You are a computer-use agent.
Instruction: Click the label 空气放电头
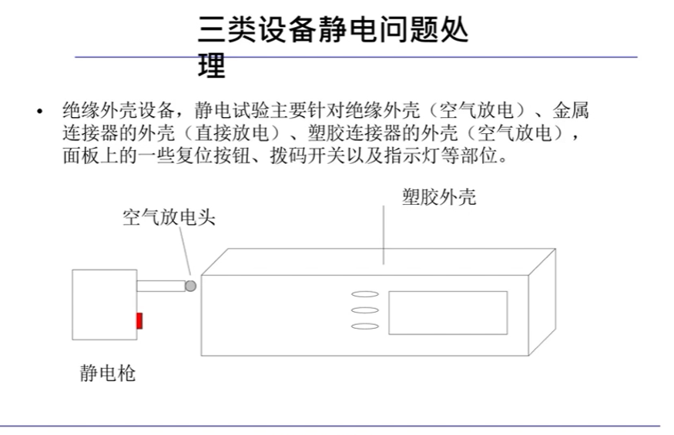169,217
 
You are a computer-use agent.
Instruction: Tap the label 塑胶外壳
439,197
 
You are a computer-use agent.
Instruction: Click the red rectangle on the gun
139,320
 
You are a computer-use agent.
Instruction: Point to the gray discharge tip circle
190,286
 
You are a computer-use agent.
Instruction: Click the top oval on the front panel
364,293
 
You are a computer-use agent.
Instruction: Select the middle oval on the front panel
364,310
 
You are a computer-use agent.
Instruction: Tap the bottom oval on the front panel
364,326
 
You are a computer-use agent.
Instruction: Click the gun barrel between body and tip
160,286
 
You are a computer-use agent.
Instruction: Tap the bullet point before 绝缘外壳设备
39,112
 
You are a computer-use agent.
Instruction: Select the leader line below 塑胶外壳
384,239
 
